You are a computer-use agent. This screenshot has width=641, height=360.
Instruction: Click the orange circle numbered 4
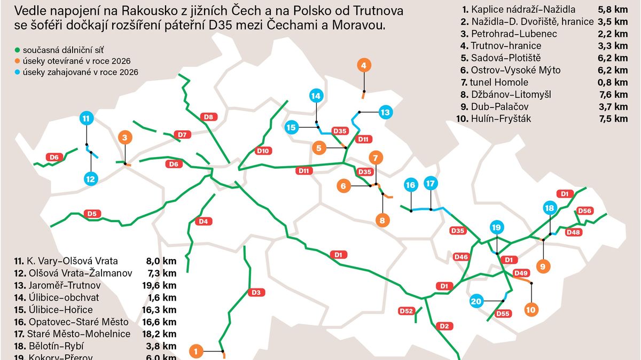(364, 66)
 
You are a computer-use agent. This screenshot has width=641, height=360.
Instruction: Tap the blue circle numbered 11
(86, 118)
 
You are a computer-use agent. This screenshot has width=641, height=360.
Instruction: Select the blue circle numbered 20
(476, 302)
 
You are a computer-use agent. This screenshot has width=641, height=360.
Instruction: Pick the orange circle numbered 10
(531, 309)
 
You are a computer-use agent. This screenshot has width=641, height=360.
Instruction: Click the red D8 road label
(209, 116)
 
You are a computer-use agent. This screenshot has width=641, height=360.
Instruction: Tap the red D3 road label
(256, 292)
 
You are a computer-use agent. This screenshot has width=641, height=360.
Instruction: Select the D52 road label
(407, 311)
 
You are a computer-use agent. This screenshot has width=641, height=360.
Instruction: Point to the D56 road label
(585, 210)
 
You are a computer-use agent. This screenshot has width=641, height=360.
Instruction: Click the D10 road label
(263, 151)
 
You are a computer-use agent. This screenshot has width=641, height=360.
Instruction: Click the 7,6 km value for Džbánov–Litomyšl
(613, 95)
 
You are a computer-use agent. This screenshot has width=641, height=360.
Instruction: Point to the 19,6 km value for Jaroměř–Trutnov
(161, 286)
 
